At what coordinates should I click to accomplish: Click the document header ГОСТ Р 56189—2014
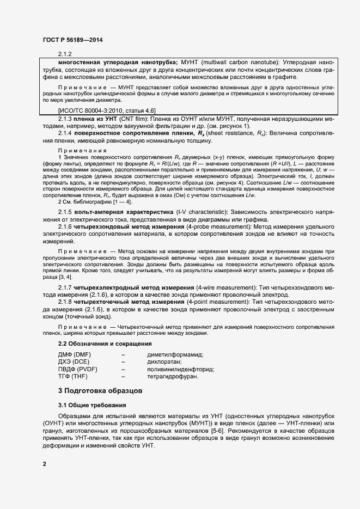[72, 40]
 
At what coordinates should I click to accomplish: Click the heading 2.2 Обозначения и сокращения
[105, 344]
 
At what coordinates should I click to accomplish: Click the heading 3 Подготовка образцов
[100, 390]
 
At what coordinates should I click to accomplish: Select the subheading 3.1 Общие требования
[92, 405]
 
